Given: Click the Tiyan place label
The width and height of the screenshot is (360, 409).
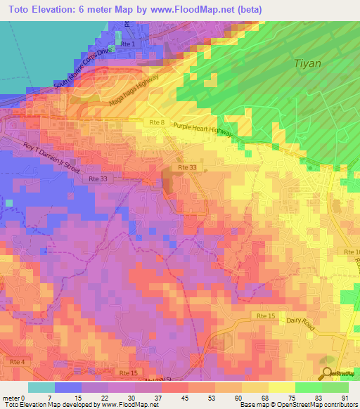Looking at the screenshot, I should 307,63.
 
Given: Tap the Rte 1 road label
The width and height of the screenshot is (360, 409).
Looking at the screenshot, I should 127,44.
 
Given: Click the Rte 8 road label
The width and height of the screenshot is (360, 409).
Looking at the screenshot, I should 156,123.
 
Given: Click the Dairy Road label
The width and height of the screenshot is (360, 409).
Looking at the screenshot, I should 303,320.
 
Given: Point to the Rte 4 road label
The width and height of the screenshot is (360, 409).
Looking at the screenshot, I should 17,361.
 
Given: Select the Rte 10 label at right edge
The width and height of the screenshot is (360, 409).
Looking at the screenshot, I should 351,252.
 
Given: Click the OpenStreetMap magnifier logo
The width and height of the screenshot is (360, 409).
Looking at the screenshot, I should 328,375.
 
